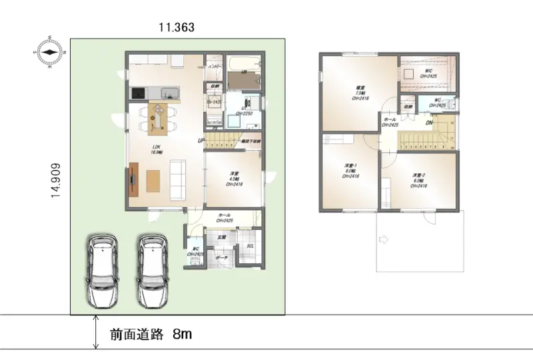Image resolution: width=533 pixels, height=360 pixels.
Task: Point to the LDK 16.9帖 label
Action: tap(158, 149)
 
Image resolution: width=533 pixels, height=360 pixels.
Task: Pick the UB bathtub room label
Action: tap(245, 71)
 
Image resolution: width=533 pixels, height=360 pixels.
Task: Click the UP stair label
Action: tap(200, 141)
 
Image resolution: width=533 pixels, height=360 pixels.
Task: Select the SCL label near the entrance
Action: tap(250, 247)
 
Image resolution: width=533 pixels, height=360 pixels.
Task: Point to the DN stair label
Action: tap(430, 123)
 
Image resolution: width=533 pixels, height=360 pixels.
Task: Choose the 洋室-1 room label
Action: tap(351, 171)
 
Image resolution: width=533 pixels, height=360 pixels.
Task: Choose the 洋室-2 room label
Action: tap(419, 180)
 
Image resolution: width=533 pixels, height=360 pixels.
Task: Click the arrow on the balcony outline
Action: tap(384, 238)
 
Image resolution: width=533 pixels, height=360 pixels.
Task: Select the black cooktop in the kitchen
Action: tap(139, 93)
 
